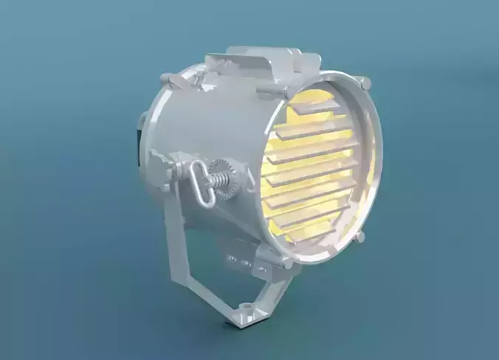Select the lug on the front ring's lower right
pyautogui.click(x=360, y=235)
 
